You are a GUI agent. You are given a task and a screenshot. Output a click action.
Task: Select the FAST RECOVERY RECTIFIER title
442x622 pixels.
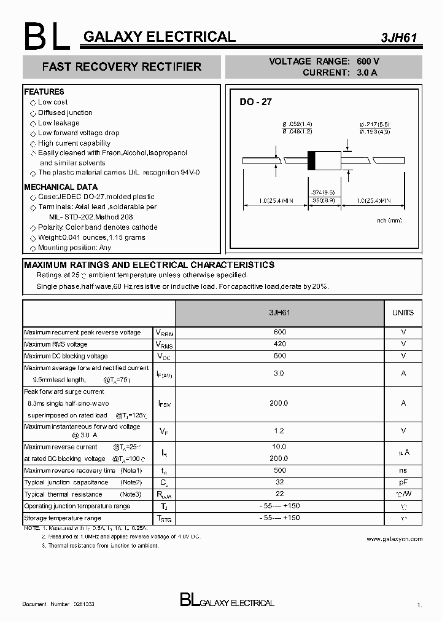click(x=122, y=66)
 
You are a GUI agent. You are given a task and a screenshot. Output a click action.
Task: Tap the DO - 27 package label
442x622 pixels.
click(x=255, y=102)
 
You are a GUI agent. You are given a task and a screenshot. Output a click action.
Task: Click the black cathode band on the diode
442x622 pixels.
click(x=311, y=160)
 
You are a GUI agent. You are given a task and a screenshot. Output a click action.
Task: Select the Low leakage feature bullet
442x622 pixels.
click(x=58, y=123)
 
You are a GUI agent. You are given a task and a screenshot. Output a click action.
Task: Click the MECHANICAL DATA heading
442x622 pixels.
click(x=61, y=187)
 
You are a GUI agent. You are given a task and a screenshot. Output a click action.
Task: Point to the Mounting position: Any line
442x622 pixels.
click(x=74, y=248)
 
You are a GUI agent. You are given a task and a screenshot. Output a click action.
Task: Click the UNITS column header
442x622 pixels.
click(x=403, y=313)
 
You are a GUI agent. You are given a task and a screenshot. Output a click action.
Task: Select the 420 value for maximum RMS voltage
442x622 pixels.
click(x=279, y=344)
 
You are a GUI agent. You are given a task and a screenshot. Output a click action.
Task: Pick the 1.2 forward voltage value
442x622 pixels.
click(x=279, y=431)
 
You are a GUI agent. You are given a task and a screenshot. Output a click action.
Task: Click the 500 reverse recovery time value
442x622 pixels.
click(x=279, y=470)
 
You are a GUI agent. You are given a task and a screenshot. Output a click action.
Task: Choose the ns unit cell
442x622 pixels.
click(x=403, y=470)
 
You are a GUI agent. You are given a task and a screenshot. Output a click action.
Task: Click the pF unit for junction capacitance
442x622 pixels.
click(x=403, y=482)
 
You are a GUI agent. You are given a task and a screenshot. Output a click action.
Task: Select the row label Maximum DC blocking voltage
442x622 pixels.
click(x=66, y=356)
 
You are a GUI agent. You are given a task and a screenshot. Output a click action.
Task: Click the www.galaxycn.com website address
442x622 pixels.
click(x=394, y=539)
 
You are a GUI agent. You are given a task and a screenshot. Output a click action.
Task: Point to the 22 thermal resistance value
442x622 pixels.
click(x=279, y=494)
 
